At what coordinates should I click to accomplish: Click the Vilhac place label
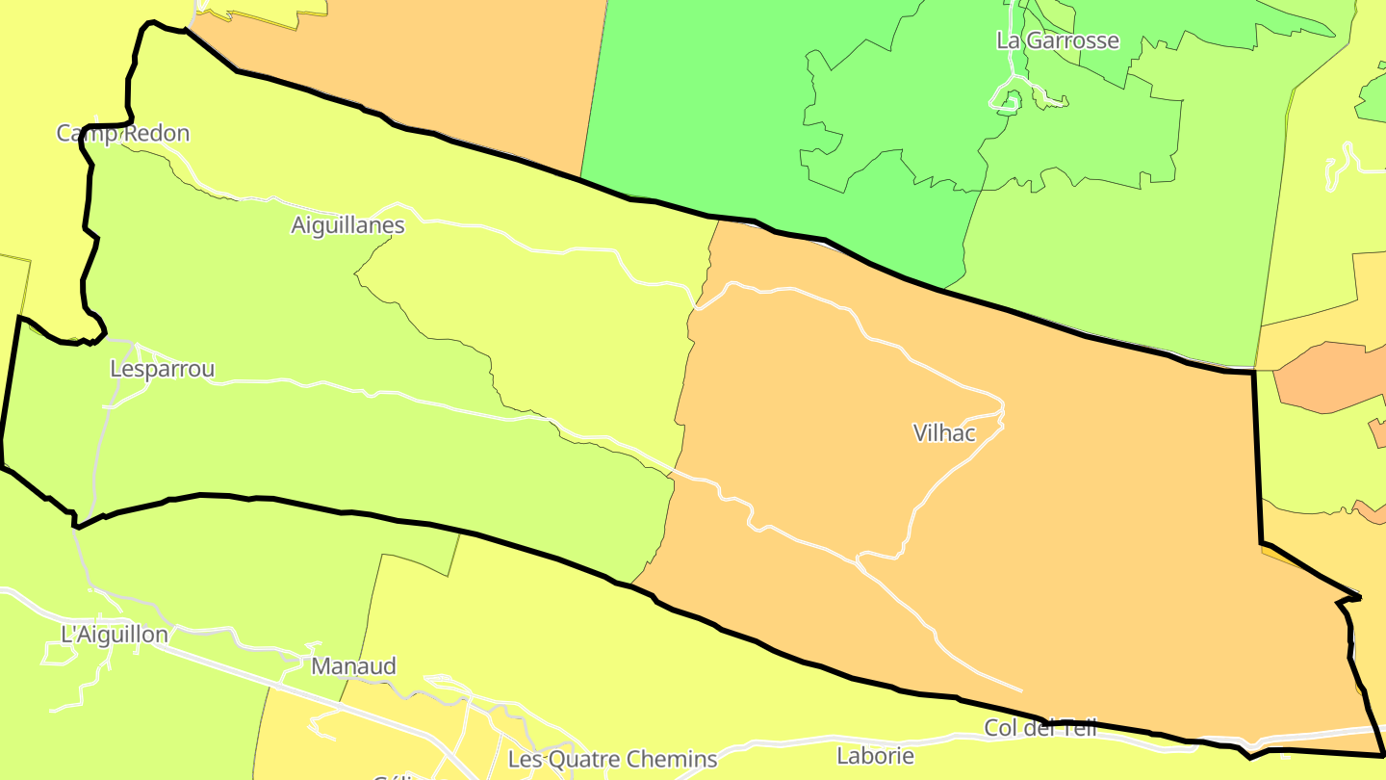pyautogui.click(x=944, y=433)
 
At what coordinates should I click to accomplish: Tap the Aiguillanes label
pyautogui.click(x=347, y=225)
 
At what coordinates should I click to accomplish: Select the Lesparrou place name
pyautogui.click(x=162, y=369)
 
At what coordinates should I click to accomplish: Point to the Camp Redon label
pyautogui.click(x=123, y=133)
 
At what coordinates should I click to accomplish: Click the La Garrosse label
pyautogui.click(x=1058, y=40)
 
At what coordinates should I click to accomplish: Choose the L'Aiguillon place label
pyautogui.click(x=115, y=635)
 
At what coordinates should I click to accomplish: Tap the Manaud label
pyautogui.click(x=353, y=666)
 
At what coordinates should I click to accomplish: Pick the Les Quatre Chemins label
pyautogui.click(x=612, y=759)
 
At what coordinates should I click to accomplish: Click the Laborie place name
pyautogui.click(x=875, y=755)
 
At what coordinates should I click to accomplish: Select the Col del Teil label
pyautogui.click(x=1040, y=728)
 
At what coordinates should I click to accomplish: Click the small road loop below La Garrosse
pyautogui.click(x=1007, y=99)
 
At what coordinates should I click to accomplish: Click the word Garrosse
pyautogui.click(x=1072, y=40)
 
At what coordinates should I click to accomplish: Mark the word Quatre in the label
pyautogui.click(x=584, y=759)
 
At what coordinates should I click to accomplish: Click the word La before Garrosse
pyautogui.click(x=1008, y=40)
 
